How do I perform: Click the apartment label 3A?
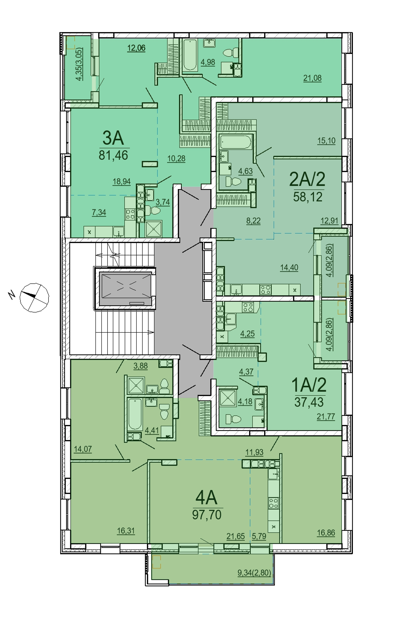coord(113,138)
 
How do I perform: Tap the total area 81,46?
coord(113,155)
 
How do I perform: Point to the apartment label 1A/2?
coord(309,385)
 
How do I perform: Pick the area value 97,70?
coord(207,515)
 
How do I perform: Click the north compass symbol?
coord(34,298)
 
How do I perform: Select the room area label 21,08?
coord(312,78)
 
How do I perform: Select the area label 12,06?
coord(136,48)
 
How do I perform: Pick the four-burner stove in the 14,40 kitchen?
coord(265,290)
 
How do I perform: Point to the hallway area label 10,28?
coord(176,159)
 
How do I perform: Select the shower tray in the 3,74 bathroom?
coord(154,229)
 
